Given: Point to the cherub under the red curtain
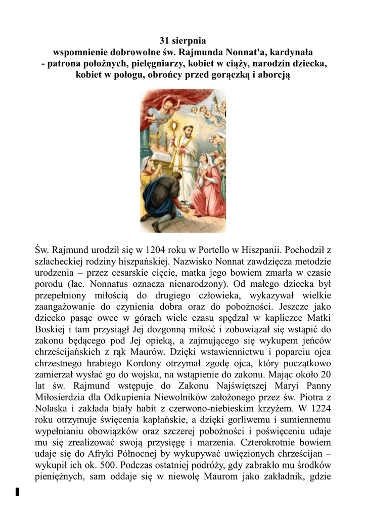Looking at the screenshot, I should (x=168, y=105).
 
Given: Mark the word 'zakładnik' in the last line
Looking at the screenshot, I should (x=287, y=475).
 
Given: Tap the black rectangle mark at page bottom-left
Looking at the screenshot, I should (x=17, y=491).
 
